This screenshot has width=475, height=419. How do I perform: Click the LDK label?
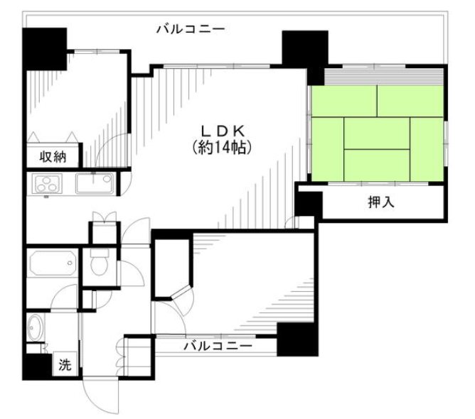click(222, 131)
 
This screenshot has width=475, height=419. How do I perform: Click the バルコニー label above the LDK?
click(190, 30)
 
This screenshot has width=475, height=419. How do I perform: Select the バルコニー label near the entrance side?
click(218, 347)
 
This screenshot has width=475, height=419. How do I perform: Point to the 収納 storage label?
click(53, 157)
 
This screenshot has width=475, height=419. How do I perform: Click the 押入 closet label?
click(380, 202)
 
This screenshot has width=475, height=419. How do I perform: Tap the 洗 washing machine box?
click(65, 366)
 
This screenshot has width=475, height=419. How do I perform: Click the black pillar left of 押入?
click(309, 205)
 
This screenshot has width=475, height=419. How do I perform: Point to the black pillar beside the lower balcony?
click(296, 339)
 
